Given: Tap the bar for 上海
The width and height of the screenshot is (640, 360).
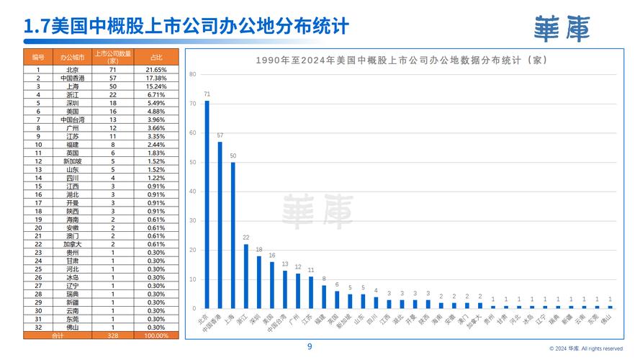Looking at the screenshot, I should (x=233, y=235).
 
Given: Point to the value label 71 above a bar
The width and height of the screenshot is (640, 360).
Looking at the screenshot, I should (x=207, y=94).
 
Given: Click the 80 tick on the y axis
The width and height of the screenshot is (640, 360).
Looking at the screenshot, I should (x=193, y=74).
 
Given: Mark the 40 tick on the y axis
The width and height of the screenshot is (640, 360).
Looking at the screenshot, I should (x=193, y=192).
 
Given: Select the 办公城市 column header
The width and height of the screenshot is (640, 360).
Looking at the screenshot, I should (x=73, y=57).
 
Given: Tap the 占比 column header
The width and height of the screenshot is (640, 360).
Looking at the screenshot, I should (x=156, y=57).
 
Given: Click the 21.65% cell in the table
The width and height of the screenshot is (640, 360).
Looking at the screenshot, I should (x=156, y=70).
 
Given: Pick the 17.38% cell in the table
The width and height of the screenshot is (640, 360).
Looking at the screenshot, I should (x=156, y=78).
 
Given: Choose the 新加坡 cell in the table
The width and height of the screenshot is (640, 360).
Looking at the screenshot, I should (x=73, y=161).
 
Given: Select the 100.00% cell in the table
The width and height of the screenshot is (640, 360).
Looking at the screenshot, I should (x=156, y=336).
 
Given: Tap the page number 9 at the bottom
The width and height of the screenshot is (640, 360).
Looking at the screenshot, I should (x=310, y=346).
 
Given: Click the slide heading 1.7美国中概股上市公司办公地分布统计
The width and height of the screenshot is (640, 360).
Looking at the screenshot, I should (x=186, y=27).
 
